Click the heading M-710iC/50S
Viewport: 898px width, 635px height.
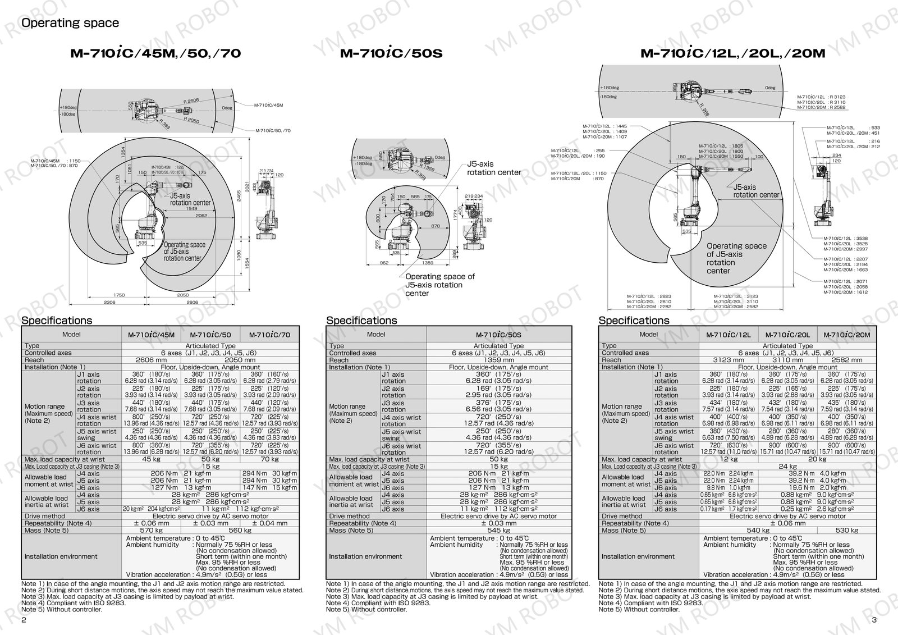point(391,54)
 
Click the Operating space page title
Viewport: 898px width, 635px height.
point(70,23)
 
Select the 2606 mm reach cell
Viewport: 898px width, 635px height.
point(152,360)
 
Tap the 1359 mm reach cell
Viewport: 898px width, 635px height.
point(498,360)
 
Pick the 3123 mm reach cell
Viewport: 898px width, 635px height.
point(728,360)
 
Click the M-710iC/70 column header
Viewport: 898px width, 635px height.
point(269,335)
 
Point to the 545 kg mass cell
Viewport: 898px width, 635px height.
point(498,530)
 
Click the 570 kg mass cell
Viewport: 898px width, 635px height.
point(152,530)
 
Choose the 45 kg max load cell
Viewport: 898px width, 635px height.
point(152,459)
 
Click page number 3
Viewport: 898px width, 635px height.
point(874,620)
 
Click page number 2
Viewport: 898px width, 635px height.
point(24,620)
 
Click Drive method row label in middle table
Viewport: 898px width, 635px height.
point(349,516)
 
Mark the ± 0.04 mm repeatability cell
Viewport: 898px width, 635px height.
point(269,523)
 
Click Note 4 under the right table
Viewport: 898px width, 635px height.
point(651,602)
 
